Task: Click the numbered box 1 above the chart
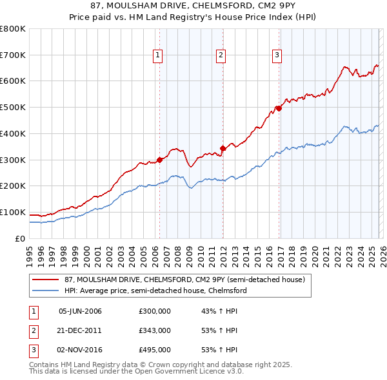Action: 158,56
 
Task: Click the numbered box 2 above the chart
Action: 221,56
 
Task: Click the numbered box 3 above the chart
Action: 277,56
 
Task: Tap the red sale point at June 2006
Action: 159,160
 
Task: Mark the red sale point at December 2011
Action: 223,148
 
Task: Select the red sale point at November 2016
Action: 279,108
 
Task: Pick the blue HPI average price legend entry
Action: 155,291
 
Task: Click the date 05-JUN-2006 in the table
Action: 80,311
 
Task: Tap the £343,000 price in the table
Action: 154,330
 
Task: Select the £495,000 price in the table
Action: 154,350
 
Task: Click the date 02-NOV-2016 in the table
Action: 80,350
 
